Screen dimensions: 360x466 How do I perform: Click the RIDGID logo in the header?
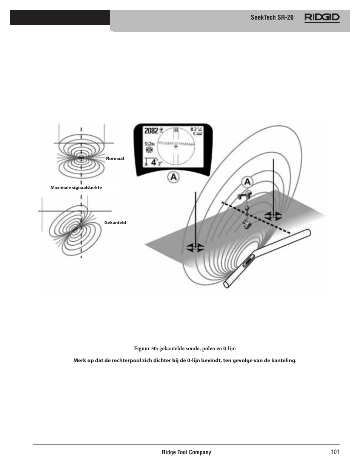click(322, 18)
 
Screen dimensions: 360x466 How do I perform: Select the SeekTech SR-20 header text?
click(272, 18)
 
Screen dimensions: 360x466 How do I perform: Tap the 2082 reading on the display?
click(151, 131)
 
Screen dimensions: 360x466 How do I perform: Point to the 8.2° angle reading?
click(196, 129)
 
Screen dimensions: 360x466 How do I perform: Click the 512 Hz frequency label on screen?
click(149, 144)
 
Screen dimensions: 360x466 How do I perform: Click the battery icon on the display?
click(197, 134)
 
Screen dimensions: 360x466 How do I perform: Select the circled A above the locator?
click(248, 182)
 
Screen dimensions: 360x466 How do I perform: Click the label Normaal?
click(115, 158)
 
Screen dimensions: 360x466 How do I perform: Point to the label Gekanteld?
click(115, 223)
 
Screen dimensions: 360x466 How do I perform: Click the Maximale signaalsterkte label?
click(76, 188)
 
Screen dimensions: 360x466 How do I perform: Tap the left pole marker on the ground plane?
click(195, 248)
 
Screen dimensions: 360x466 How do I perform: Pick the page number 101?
click(334, 452)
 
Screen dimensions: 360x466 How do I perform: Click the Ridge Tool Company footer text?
click(186, 452)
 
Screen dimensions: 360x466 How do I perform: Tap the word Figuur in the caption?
click(142, 348)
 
